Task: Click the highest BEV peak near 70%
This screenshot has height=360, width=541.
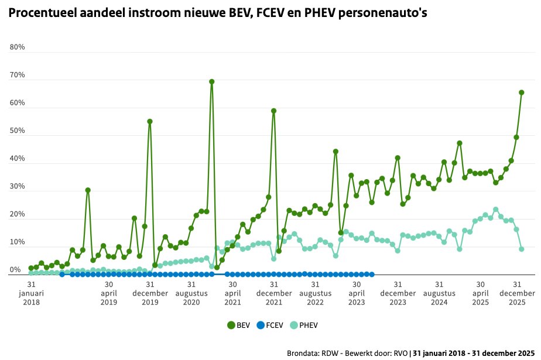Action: (211, 81)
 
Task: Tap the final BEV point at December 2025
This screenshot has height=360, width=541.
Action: (521, 92)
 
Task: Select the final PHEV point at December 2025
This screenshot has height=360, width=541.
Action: (521, 249)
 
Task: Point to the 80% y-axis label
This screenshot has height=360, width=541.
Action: (18, 47)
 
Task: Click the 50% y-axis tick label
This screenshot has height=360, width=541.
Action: (18, 131)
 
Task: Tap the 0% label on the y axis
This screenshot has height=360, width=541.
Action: (15, 270)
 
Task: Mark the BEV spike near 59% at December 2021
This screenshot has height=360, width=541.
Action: (273, 111)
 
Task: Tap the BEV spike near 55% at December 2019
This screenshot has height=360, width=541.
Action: (150, 121)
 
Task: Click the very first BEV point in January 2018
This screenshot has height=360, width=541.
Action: (31, 268)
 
